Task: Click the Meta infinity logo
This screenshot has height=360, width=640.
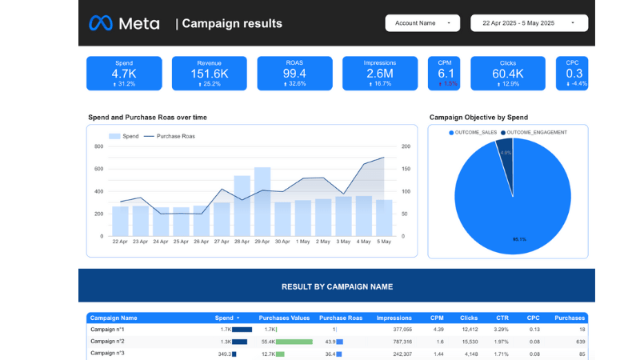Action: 101,23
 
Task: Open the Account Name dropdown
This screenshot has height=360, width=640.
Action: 422,23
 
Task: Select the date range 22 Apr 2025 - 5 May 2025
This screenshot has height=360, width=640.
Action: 529,23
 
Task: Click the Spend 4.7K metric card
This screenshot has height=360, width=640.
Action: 124,73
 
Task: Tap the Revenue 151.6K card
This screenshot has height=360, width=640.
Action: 210,73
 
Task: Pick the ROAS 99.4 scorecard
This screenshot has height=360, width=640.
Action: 294,73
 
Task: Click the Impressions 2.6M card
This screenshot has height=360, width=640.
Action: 380,73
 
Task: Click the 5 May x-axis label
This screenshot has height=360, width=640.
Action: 384,242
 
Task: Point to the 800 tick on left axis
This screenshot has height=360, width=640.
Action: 99,146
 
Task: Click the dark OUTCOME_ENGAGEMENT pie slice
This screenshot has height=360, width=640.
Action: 505,164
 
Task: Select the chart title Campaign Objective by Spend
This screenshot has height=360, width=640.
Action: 478,118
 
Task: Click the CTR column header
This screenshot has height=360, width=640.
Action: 501,318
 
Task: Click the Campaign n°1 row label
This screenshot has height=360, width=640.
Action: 107,330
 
